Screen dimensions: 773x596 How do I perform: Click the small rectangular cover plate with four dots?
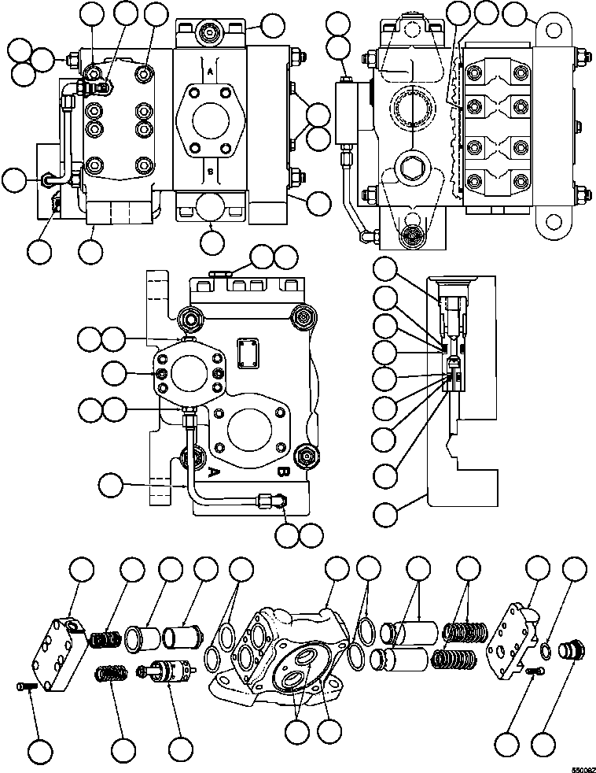248,353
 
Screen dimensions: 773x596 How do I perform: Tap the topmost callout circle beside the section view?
385,270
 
